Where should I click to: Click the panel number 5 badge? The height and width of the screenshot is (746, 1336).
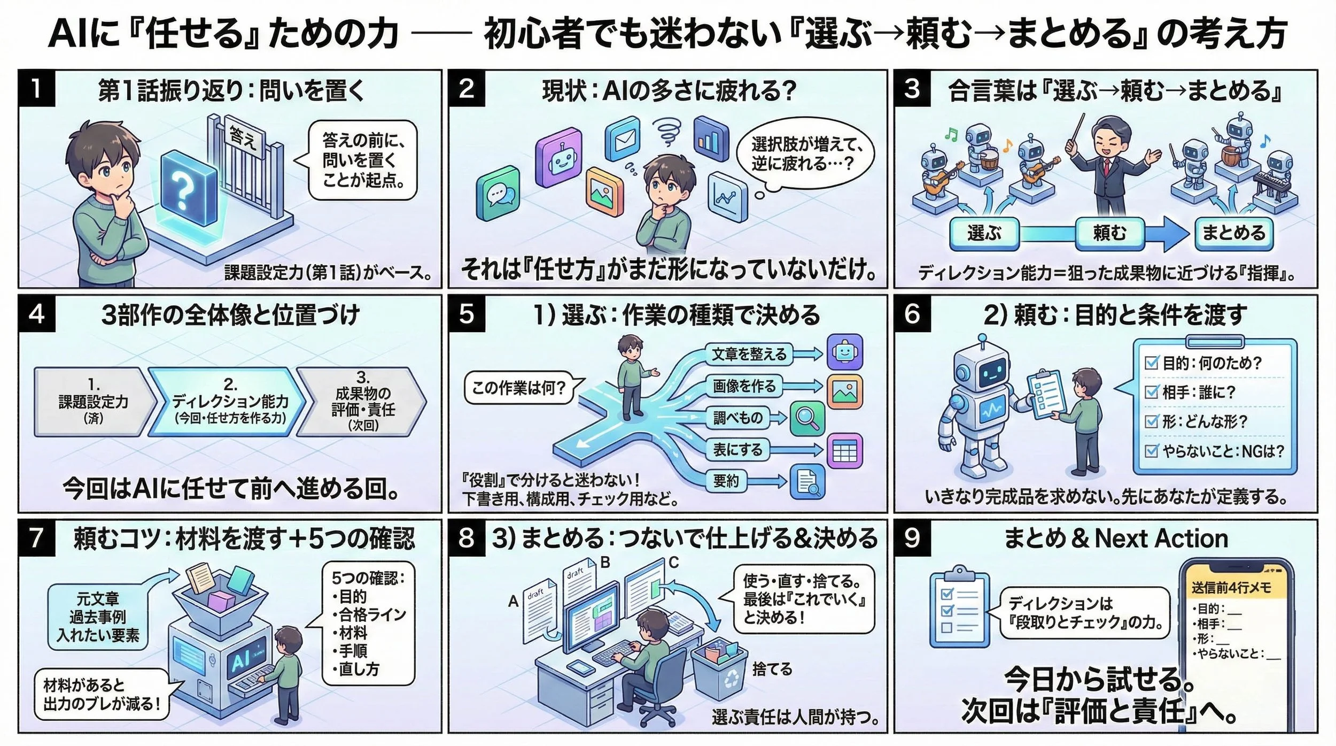tap(466, 313)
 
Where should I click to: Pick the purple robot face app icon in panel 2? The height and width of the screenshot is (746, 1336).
tap(558, 158)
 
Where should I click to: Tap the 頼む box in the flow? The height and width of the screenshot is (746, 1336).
tap(1109, 233)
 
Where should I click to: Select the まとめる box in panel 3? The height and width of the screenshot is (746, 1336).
tap(1234, 233)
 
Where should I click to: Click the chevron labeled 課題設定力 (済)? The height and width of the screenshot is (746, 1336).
tap(94, 401)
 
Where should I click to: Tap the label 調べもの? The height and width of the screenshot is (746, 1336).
tap(737, 417)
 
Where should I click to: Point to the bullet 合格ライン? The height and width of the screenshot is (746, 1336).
tap(372, 614)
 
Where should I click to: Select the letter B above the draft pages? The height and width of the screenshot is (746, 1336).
tap(605, 562)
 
